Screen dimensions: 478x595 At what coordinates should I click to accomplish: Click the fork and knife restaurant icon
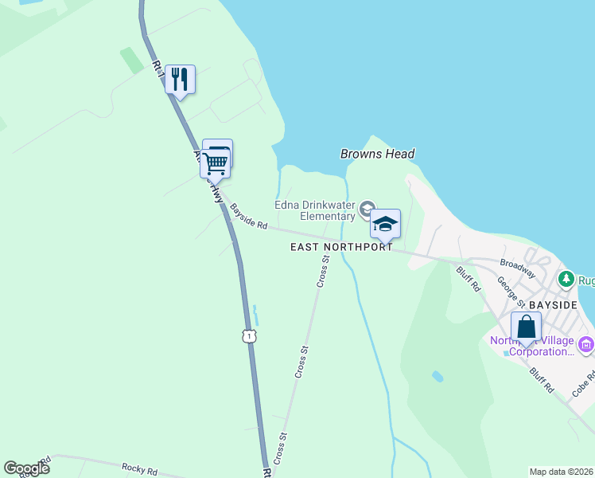point(181,79)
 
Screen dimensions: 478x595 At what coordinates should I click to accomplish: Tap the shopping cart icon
point(215,163)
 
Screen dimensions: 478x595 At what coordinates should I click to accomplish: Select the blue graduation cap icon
point(385,224)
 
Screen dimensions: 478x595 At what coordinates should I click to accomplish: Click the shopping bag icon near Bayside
point(526,327)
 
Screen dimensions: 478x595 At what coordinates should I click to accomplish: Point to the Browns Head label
point(377,154)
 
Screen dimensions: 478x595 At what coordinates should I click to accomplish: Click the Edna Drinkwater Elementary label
point(315,210)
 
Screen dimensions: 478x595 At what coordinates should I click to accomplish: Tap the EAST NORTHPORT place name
point(341,247)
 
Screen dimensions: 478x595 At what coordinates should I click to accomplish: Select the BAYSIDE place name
point(554,305)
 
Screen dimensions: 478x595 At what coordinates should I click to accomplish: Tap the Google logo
point(26,468)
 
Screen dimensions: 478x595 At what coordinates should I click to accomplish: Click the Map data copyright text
point(561,472)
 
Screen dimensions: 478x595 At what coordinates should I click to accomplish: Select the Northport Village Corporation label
point(531,346)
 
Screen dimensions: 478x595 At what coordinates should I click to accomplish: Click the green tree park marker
point(566,279)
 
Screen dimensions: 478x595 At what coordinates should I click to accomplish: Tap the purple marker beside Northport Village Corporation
point(586,345)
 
